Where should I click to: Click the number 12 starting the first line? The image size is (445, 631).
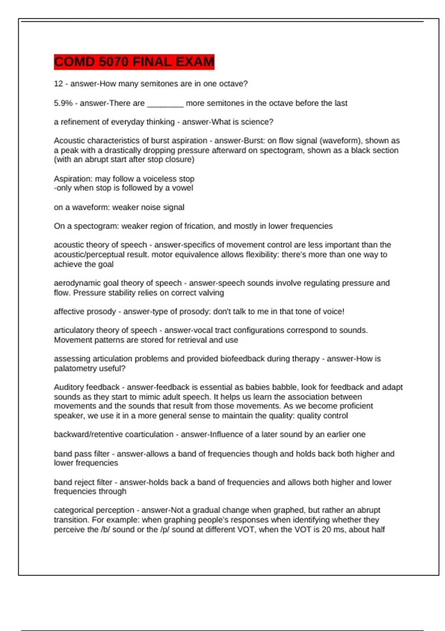tap(58, 84)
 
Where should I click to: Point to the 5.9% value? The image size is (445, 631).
tap(63, 103)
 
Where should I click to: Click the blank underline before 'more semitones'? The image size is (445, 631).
tap(165, 104)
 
